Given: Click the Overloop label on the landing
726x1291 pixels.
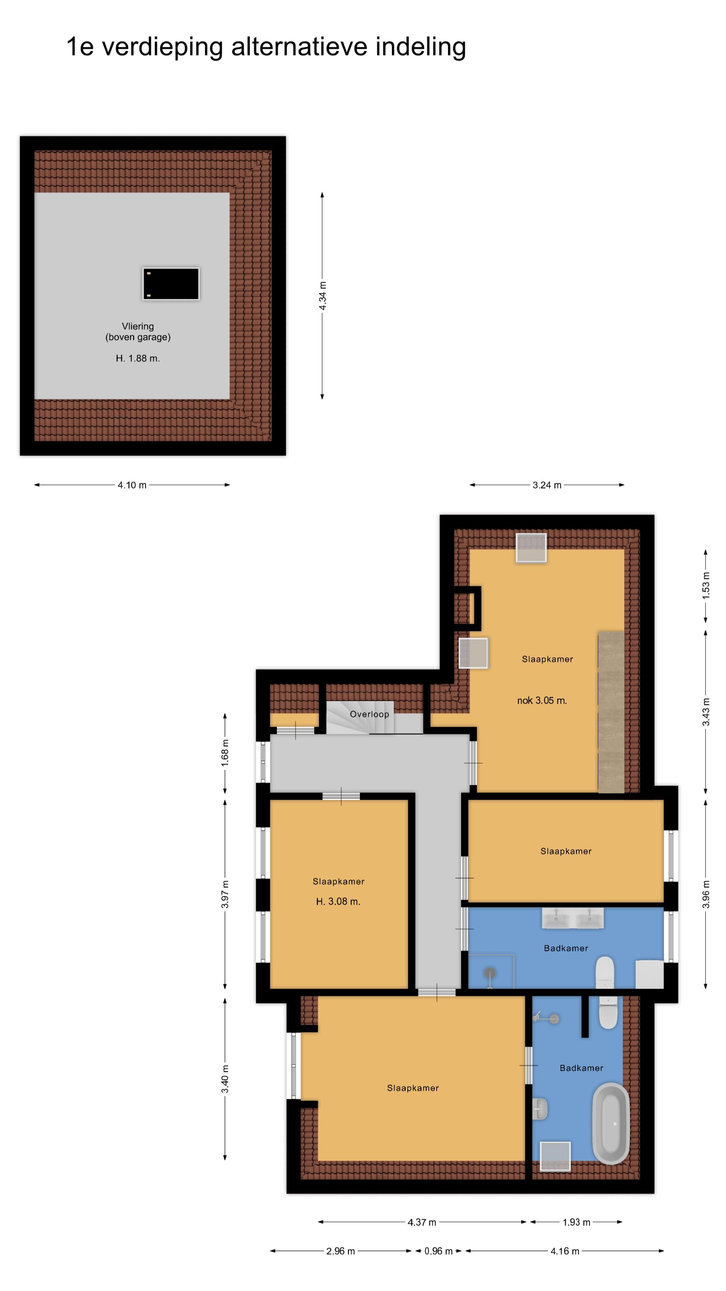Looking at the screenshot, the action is pyautogui.click(x=369, y=714).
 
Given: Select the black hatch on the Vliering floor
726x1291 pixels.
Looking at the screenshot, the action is pyautogui.click(x=171, y=284).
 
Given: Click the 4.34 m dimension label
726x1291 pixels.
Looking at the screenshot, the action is pyautogui.click(x=323, y=296).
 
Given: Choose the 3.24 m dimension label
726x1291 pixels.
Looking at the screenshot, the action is pyautogui.click(x=547, y=485).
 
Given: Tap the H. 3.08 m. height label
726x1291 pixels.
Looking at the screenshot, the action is pyautogui.click(x=338, y=902).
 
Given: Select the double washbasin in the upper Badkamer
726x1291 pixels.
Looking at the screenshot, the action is pyautogui.click(x=573, y=918).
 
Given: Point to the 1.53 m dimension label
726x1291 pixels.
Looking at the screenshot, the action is pyautogui.click(x=706, y=585).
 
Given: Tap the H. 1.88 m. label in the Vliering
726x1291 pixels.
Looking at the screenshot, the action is pyautogui.click(x=138, y=358).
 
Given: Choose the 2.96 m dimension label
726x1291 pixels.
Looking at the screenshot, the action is pyautogui.click(x=341, y=1251).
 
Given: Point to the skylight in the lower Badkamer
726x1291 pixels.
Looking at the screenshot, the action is pyautogui.click(x=555, y=1157).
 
